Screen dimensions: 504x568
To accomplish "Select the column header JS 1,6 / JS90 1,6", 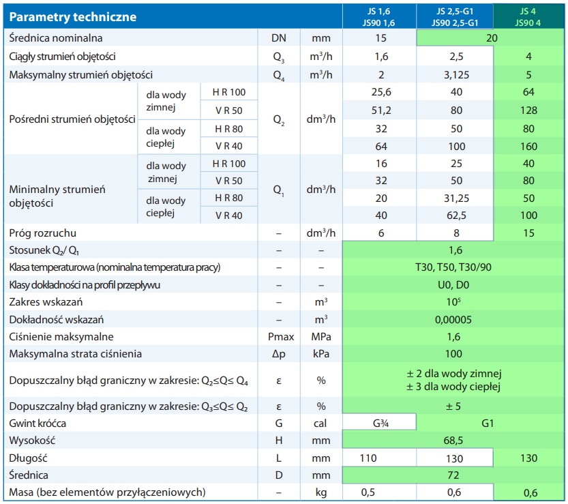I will (381, 16).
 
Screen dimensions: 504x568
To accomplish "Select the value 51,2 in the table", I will (381, 110).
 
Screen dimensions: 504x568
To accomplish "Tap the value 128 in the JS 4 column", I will (528, 110).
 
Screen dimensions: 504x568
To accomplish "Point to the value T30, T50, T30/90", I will (455, 267).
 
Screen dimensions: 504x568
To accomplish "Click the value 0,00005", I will (455, 319).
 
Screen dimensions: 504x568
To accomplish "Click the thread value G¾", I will (381, 424).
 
